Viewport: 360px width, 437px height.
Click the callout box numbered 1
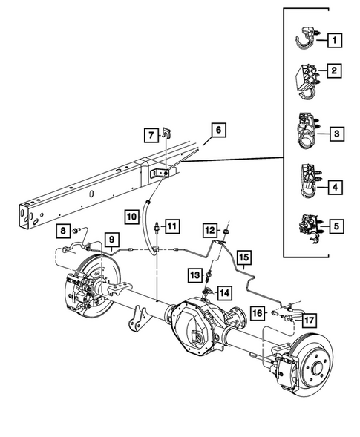(x=337, y=39)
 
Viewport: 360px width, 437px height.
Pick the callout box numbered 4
(x=337, y=188)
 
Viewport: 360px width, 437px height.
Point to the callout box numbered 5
(x=337, y=224)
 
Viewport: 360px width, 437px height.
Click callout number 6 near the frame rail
(x=217, y=131)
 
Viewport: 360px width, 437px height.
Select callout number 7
(x=151, y=135)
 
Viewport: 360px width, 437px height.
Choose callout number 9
(x=110, y=240)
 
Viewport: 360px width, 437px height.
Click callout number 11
(x=171, y=226)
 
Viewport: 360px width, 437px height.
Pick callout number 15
(x=244, y=257)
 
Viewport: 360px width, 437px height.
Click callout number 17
(x=310, y=321)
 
